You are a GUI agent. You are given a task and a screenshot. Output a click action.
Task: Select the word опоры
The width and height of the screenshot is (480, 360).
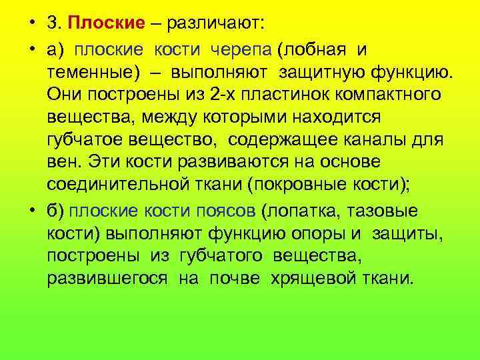322,234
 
